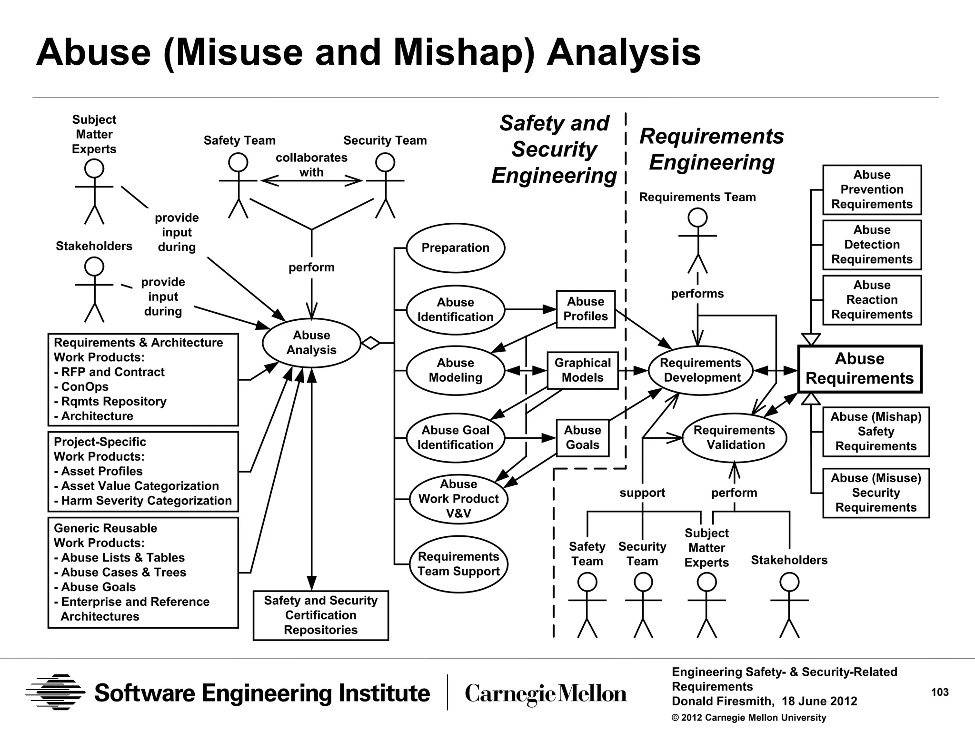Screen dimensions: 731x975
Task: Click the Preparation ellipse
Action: point(455,248)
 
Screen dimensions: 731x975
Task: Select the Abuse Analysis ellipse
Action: point(311,343)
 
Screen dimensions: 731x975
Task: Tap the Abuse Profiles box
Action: point(586,309)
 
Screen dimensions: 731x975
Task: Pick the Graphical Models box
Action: point(582,370)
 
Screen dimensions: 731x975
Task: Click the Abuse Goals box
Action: point(582,438)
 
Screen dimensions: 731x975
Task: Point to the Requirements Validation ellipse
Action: point(734,438)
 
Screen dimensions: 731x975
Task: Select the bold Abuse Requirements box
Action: point(859,369)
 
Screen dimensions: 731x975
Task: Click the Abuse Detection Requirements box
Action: point(872,245)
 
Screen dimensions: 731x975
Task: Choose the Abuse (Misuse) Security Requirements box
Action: point(876,493)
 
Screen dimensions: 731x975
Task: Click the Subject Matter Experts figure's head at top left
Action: point(94,168)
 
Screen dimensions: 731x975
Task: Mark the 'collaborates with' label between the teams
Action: point(311,165)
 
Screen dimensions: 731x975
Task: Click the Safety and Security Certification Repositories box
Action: point(320,615)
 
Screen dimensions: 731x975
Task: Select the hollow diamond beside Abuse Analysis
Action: point(370,343)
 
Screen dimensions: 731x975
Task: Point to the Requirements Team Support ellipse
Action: point(458,564)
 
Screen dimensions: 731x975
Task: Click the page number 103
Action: point(939,692)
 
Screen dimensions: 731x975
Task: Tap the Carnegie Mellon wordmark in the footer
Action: point(546,693)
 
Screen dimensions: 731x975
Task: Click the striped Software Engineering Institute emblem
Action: point(55,692)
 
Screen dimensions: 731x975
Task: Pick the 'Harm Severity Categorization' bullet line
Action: point(143,501)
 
